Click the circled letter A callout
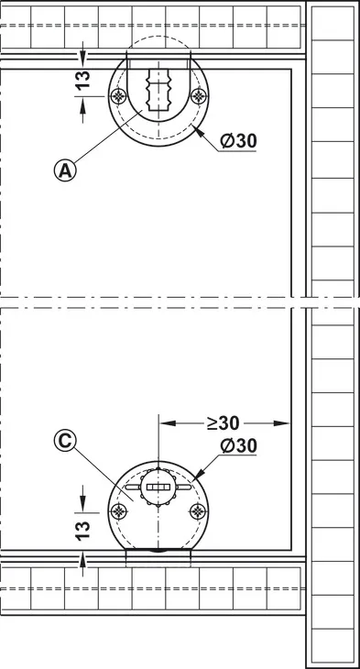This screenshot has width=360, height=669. coord(65,170)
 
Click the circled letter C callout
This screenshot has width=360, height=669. coord(65,441)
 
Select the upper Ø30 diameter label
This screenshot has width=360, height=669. coord(238,141)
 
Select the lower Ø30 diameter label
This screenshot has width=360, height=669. coord(238,446)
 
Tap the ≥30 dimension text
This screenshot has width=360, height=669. coord(224,422)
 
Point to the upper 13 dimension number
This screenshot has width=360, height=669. coord(84,80)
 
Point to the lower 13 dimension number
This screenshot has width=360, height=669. coord(84,530)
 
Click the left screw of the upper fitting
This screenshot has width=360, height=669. coord(118,96)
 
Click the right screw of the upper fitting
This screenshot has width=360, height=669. coord(199,96)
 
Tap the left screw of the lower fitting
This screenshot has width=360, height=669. coord(118,511)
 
